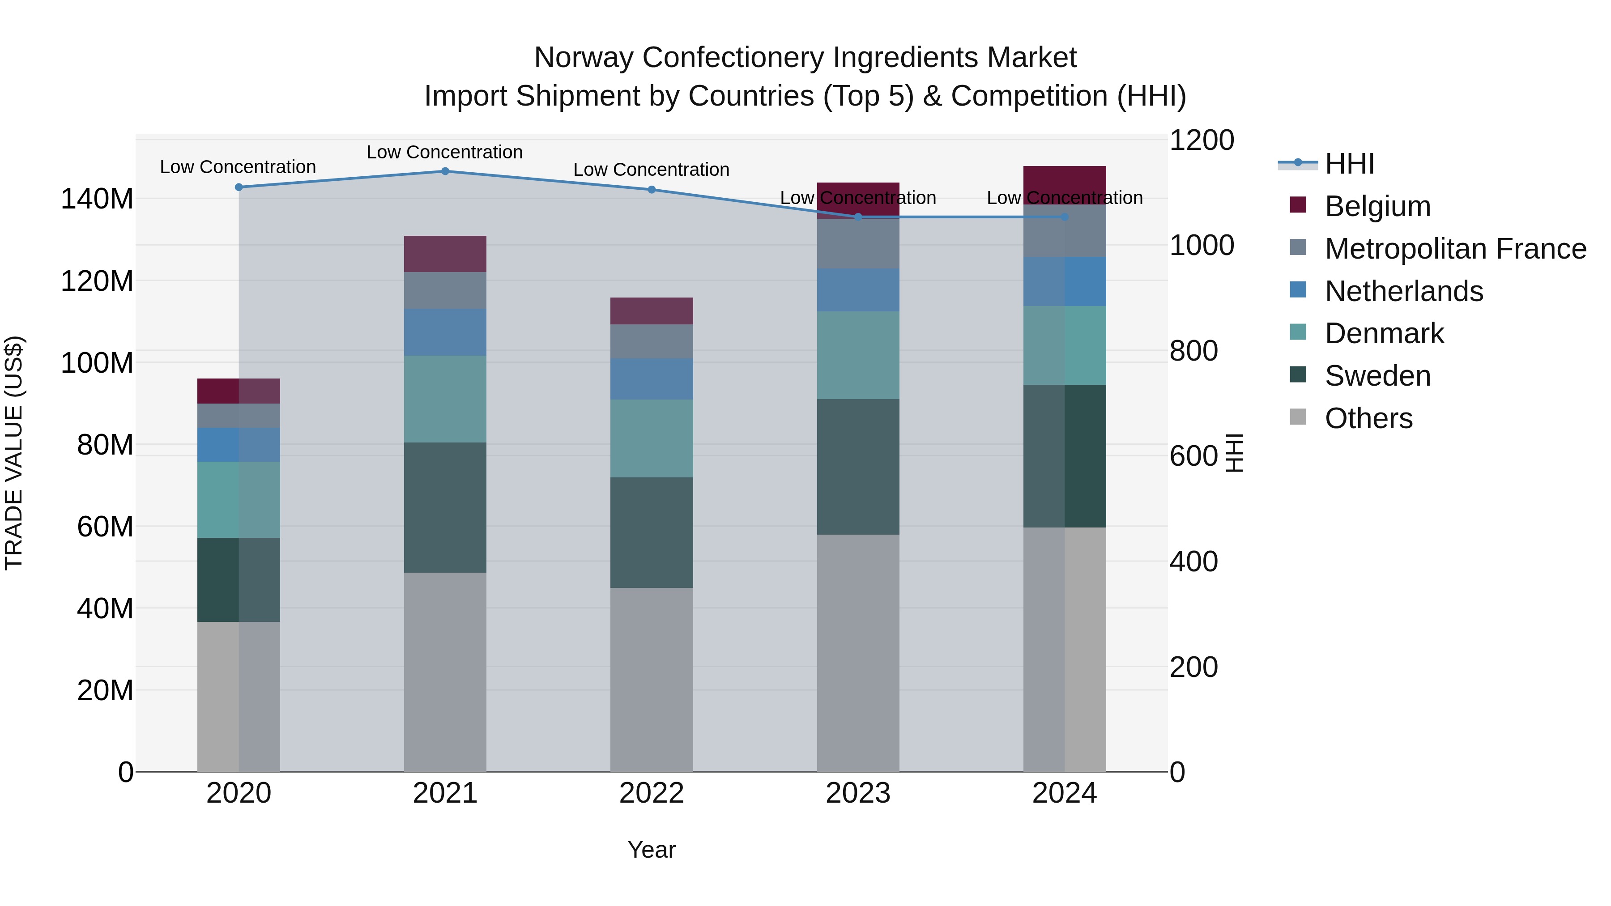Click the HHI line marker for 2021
coord(445,171)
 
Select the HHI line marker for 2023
coord(858,217)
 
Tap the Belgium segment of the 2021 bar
coord(445,254)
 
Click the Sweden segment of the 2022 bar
coord(652,533)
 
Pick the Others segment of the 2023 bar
coord(858,653)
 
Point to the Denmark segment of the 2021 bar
coord(445,399)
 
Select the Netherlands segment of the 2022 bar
coord(652,379)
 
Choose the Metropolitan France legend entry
coord(1455,249)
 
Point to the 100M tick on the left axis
coord(97,363)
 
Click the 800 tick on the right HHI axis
coord(1193,351)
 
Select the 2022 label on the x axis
coord(652,793)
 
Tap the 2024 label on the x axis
coord(1065,793)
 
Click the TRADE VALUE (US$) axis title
coord(14,453)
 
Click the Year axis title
coord(652,850)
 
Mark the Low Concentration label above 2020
coord(238,167)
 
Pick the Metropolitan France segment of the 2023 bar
coord(858,244)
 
